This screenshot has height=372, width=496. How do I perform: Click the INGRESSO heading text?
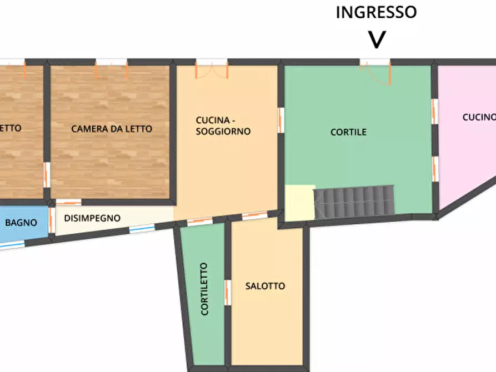tap(376, 12)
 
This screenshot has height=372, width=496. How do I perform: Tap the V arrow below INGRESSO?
tap(377, 39)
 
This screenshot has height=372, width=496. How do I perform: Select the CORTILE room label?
tap(348, 132)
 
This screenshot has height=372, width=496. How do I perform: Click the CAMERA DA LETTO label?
tap(112, 129)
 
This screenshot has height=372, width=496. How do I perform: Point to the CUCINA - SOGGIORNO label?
tap(223, 126)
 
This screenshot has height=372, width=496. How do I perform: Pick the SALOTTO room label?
tap(265, 286)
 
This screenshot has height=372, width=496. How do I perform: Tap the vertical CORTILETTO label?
tap(205, 289)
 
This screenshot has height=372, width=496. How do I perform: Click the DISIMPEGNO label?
tap(92, 218)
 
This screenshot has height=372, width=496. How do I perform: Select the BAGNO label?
tap(21, 223)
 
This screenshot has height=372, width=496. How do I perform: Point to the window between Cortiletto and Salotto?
tap(228, 292)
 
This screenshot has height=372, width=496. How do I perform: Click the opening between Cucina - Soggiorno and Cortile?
tap(281, 120)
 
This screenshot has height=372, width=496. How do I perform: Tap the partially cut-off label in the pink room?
tap(479, 117)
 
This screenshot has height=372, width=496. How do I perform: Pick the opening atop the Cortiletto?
tap(199, 222)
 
